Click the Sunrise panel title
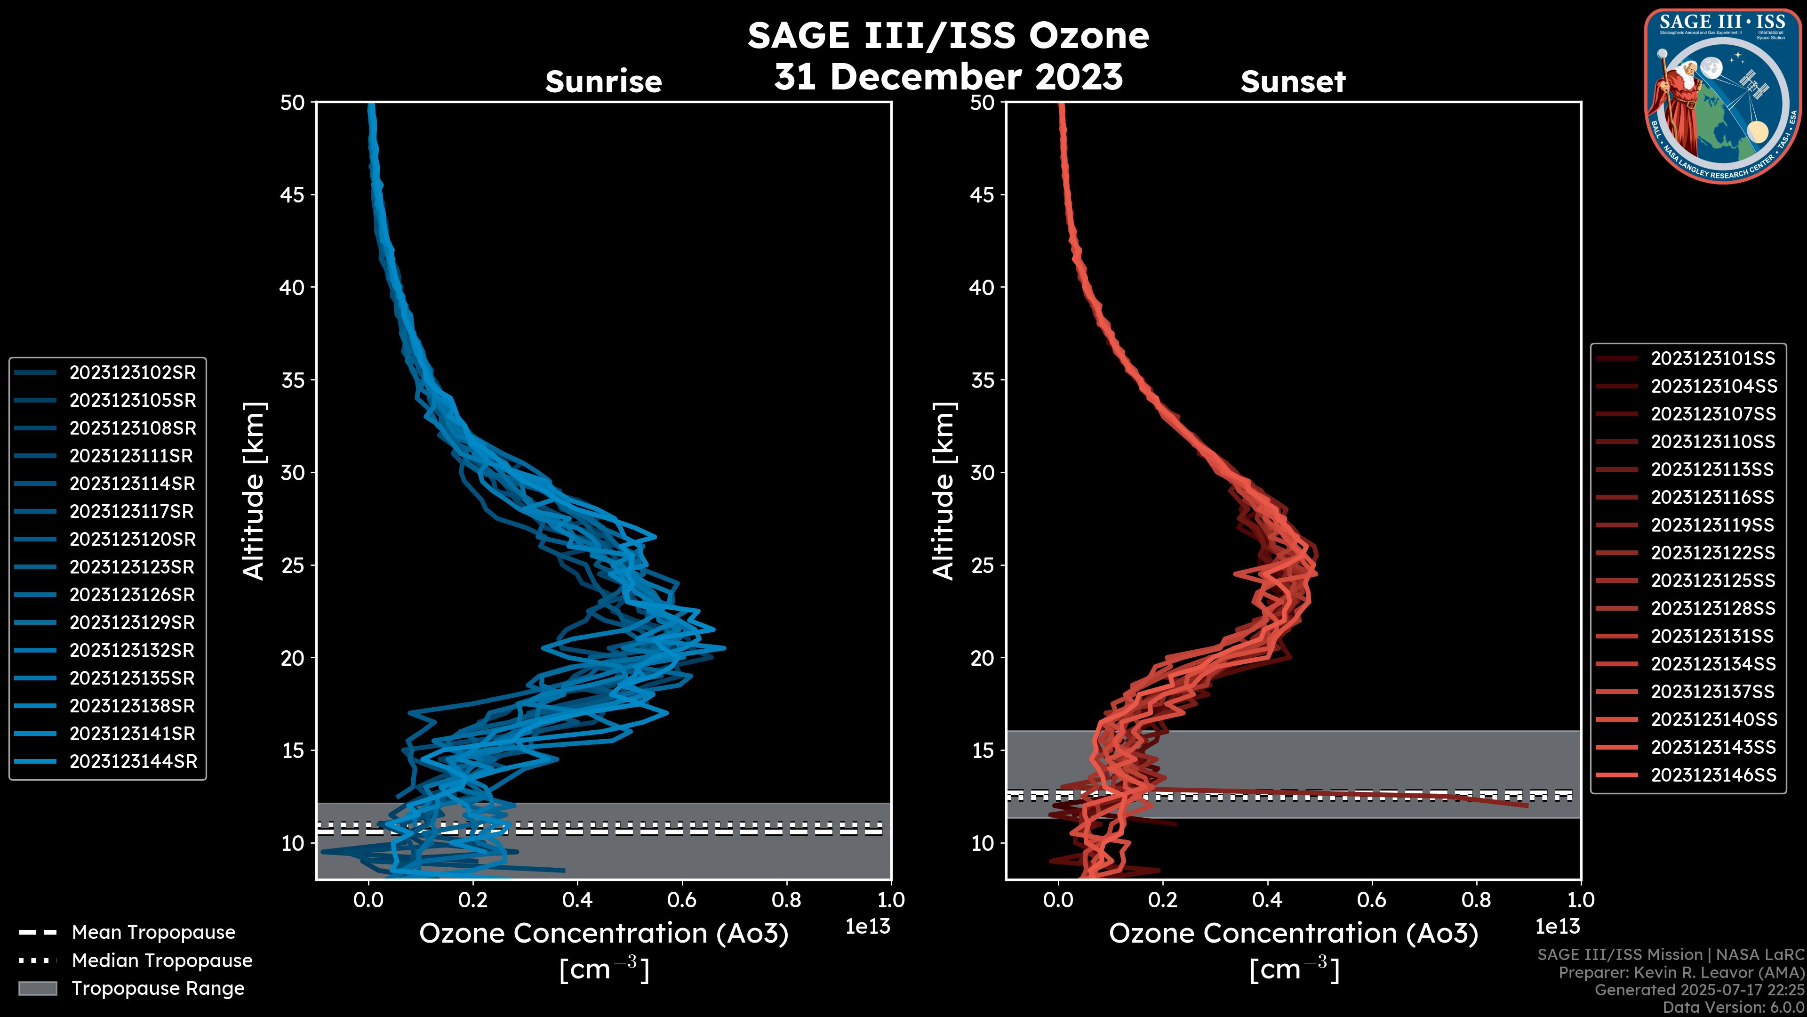[603, 82]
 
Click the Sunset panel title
[1292, 82]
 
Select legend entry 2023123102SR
[132, 373]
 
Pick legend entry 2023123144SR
[133, 761]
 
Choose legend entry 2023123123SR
[132, 567]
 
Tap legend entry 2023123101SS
[1712, 359]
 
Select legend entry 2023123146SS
[1713, 775]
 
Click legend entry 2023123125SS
[1712, 581]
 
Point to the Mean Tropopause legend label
[153, 933]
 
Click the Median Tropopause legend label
[162, 961]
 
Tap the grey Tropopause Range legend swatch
[37, 988]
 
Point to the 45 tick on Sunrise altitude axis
[293, 195]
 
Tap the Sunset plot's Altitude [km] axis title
[943, 491]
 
